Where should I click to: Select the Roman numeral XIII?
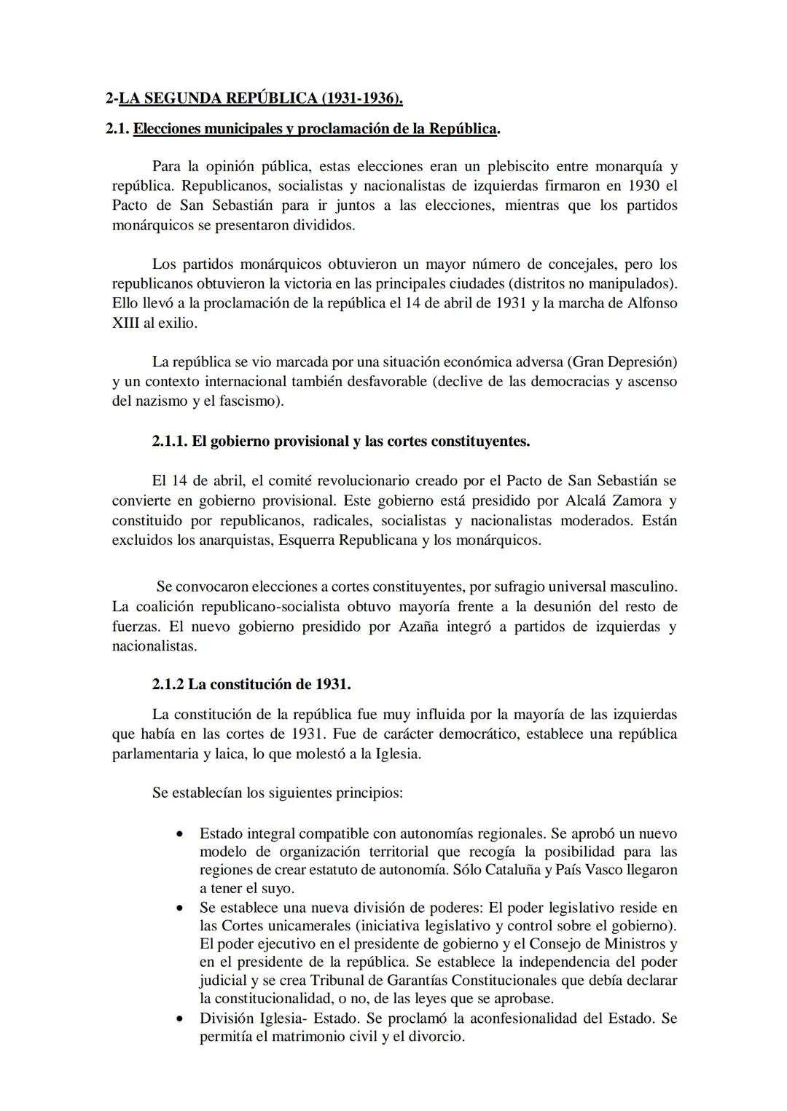125,323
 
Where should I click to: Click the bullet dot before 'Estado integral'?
179,833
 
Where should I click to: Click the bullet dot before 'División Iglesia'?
179,1018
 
